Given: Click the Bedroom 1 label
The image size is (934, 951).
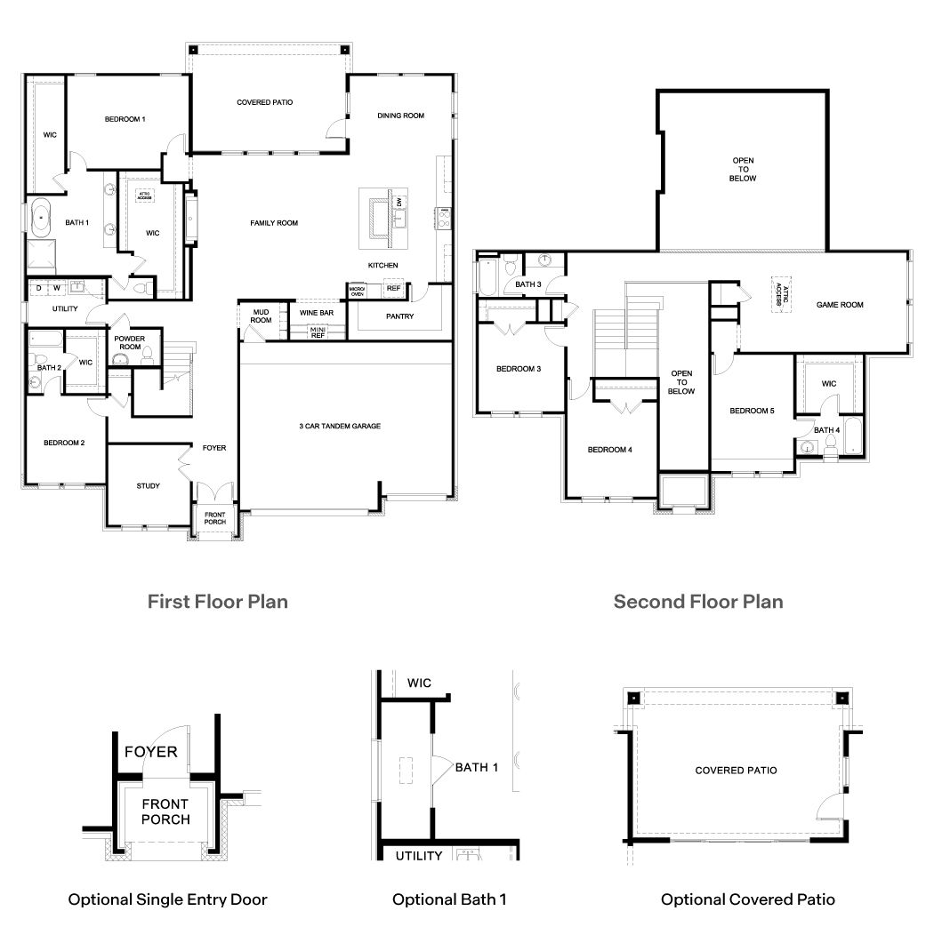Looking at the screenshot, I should (125, 119).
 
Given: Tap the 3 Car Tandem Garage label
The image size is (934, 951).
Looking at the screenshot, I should (340, 427).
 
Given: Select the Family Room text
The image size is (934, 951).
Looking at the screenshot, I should (274, 223).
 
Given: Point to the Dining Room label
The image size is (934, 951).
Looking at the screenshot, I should (400, 116).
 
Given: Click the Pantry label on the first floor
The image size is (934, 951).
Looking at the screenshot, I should (399, 316).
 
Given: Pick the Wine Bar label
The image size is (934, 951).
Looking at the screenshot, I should (316, 313).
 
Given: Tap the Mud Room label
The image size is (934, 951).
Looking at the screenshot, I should (261, 316).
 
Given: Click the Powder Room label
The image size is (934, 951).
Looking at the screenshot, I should (129, 342).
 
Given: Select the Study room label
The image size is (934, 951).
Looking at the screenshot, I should (148, 486).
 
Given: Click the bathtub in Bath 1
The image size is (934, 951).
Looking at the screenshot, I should (41, 218).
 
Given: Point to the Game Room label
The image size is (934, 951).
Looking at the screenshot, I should (840, 305).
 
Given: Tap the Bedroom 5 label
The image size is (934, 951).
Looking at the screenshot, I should (752, 411).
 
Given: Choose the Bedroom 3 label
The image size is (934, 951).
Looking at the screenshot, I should (519, 369).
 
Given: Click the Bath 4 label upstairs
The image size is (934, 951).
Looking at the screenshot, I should (826, 430).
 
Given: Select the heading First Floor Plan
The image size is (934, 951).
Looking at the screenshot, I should (217, 602).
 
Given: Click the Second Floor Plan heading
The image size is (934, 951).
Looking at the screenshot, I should (698, 602).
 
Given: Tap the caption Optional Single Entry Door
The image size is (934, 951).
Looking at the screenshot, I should (167, 899).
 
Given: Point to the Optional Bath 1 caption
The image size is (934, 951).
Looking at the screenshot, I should (449, 899).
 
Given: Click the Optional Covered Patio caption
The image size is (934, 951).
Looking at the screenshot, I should (747, 899).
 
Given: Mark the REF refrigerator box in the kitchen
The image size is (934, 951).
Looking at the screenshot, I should (393, 288).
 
